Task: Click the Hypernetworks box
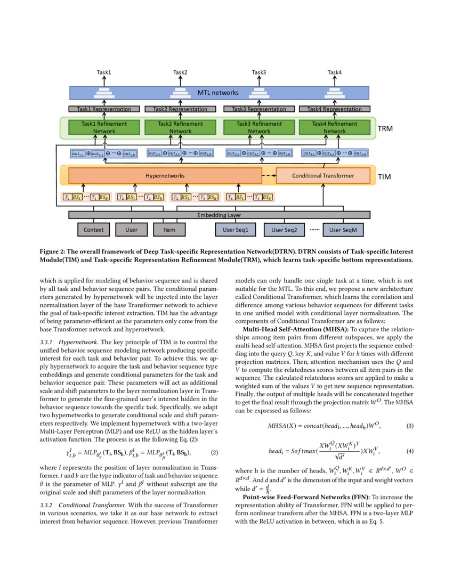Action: click(x=165, y=175)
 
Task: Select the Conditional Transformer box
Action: click(x=323, y=175)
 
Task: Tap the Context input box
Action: click(x=94, y=230)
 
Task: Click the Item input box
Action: click(x=169, y=230)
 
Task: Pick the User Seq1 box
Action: click(x=236, y=230)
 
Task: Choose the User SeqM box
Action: click(x=343, y=230)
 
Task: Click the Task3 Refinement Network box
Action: click(x=258, y=128)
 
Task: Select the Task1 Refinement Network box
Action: click(x=104, y=128)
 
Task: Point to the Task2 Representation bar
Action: click(x=180, y=109)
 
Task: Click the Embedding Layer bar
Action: click(x=220, y=215)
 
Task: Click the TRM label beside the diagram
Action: click(x=385, y=129)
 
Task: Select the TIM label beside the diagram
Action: click(x=385, y=176)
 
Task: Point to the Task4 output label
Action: click(x=334, y=72)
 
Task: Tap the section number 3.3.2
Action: click(x=48, y=504)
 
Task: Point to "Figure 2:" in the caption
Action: click(x=55, y=251)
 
